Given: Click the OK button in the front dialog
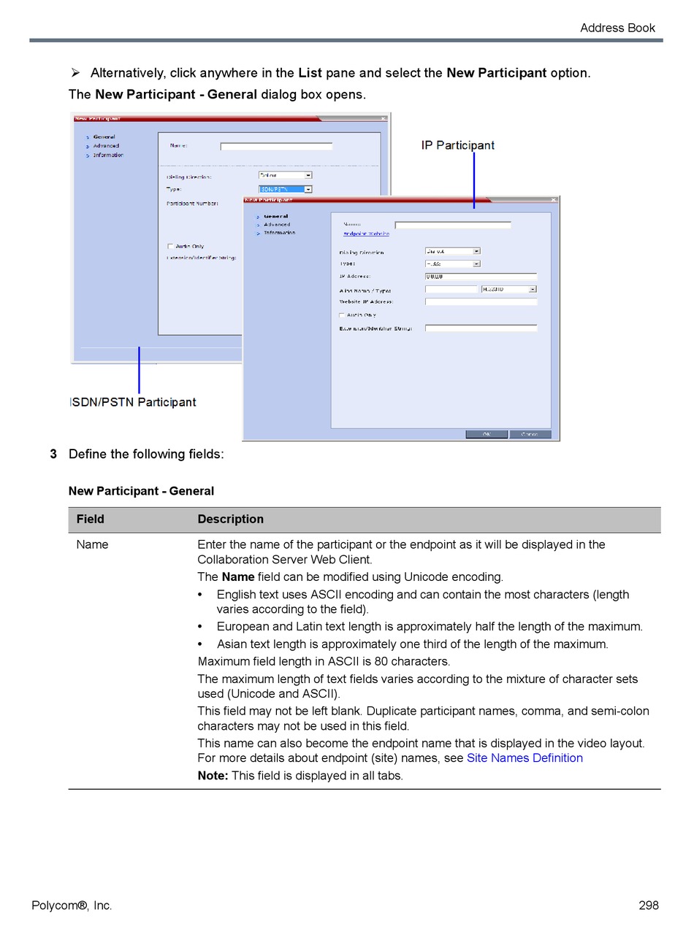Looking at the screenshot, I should tap(487, 434).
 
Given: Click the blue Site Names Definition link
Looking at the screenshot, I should tap(525, 758).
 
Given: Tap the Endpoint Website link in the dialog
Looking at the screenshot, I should tap(366, 234).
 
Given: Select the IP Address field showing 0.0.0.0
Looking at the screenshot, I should tap(481, 277).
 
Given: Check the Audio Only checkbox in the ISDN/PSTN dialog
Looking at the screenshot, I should tap(170, 247).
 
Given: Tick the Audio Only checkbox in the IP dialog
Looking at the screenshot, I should tap(341, 315).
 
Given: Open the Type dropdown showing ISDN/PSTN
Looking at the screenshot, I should tap(286, 189).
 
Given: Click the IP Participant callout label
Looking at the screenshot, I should tap(457, 145).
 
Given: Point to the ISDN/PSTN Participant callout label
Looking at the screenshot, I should tap(133, 402).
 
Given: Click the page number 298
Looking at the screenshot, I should tap(648, 906).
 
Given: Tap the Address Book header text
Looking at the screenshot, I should tap(617, 28).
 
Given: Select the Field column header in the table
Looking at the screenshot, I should tap(91, 520).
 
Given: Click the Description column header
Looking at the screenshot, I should tap(230, 520).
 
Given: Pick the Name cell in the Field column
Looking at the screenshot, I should tap(92, 544).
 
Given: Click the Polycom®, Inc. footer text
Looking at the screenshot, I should tap(72, 906).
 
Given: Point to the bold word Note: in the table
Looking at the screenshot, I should tap(213, 776).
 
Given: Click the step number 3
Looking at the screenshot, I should tap(53, 454).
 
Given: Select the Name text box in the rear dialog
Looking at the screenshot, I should tap(276, 146).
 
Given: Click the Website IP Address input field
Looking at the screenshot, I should tap(481, 301).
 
